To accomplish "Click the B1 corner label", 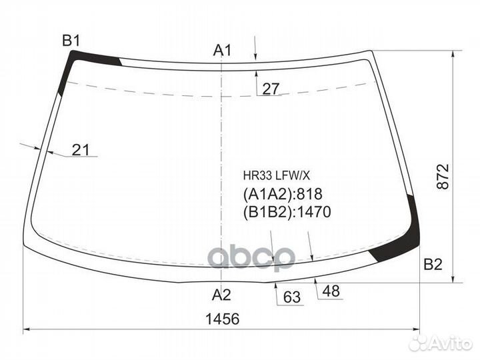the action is click(71, 41).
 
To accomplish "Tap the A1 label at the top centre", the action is click(223, 50).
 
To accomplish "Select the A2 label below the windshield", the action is click(221, 295).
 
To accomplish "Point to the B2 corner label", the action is click(433, 264).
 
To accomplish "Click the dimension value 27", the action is click(271, 89).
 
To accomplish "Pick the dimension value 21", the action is click(81, 150).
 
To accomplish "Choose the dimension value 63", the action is click(292, 297).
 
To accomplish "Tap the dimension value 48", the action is click(331, 291).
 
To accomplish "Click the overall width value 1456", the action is click(222, 319).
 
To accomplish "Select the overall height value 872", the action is click(443, 177).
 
